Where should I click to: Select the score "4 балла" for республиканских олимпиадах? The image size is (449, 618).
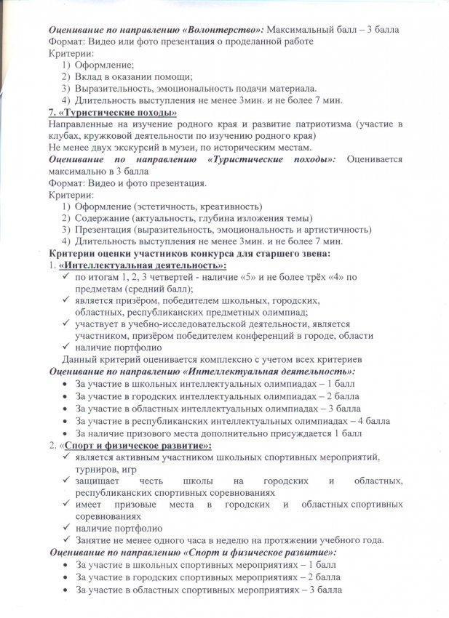point(373,420)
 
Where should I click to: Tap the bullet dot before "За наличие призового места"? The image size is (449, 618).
point(66,433)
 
